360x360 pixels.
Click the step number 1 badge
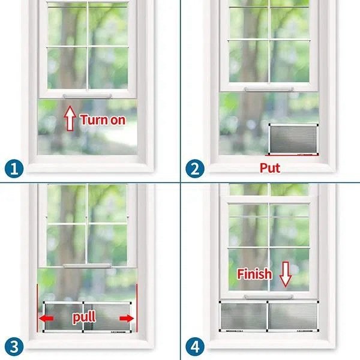(14, 168)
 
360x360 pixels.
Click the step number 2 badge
(194, 168)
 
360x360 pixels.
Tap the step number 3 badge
(14, 346)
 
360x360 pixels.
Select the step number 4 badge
(194, 346)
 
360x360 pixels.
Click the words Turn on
(103, 120)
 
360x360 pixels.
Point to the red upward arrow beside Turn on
(70, 118)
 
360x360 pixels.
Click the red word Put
(270, 168)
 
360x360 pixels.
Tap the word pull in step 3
(84, 317)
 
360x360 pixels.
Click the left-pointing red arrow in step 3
(46, 319)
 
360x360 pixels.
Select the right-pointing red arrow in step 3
(127, 319)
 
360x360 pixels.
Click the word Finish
(254, 274)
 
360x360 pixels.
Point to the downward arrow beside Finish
(286, 274)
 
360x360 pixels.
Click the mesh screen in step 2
(293, 139)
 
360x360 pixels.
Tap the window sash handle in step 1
(87, 96)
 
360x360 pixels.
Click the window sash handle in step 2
(269, 89)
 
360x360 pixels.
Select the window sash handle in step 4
(269, 296)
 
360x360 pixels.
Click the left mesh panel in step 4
(244, 316)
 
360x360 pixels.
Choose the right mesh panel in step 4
(293, 316)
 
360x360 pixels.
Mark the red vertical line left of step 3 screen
(37, 308)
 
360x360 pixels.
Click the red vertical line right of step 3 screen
(137, 308)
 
